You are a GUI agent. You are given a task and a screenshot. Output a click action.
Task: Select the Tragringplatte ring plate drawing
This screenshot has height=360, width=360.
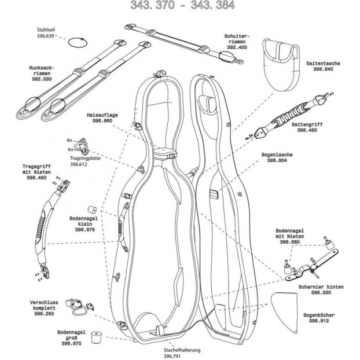pyautogui.click(x=83, y=141)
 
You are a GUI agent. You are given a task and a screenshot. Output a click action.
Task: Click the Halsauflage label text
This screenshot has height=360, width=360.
pyautogui.click(x=102, y=115)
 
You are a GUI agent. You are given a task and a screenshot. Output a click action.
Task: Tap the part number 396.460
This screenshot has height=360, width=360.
pyautogui.click(x=310, y=131)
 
